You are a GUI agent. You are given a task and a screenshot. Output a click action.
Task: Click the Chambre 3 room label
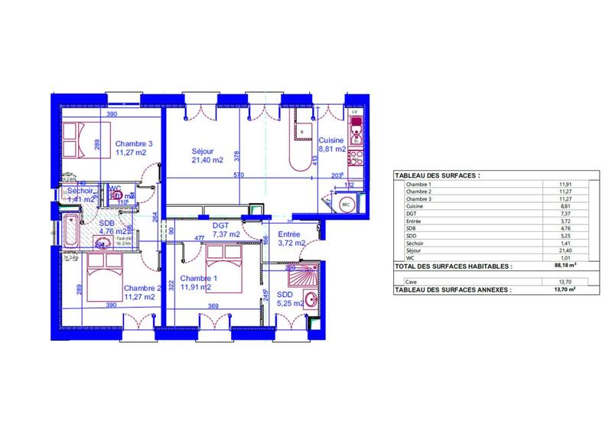(x=135, y=143)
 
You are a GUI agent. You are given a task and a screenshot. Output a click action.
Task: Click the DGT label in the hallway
(x=221, y=225)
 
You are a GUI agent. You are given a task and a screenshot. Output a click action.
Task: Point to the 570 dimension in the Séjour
(x=239, y=175)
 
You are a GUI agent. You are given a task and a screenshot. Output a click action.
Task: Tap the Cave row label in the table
(x=413, y=282)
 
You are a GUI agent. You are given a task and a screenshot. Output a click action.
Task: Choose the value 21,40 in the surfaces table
(x=566, y=250)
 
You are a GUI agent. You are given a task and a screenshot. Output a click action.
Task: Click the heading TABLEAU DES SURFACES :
(x=438, y=175)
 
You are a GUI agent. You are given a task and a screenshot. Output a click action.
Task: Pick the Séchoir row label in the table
(x=417, y=241)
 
